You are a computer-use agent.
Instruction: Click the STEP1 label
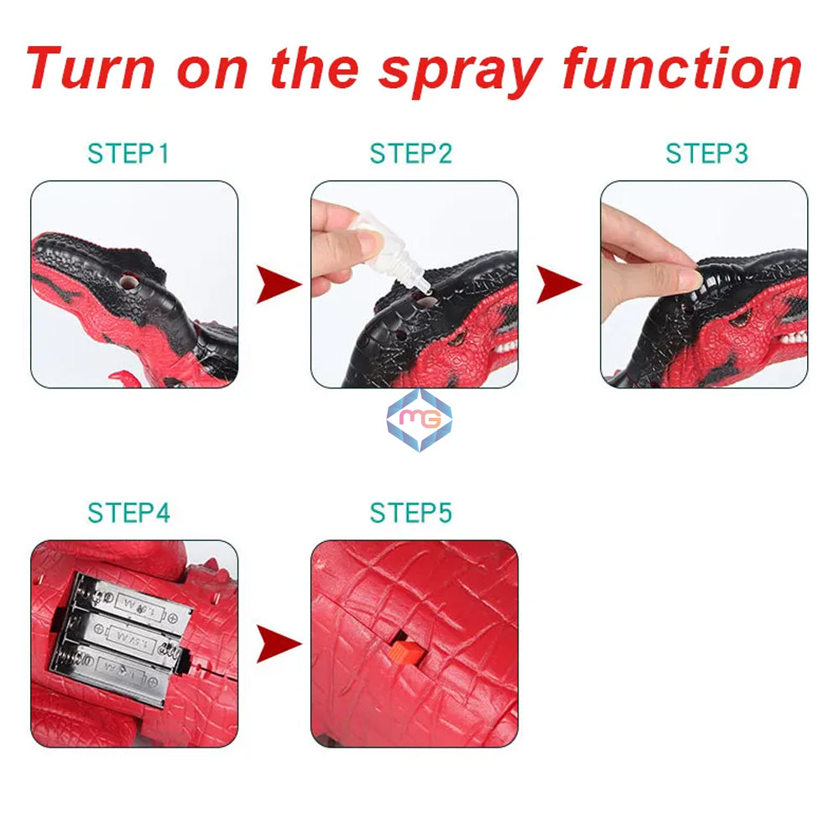(x=128, y=154)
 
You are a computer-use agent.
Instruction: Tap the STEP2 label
(x=411, y=154)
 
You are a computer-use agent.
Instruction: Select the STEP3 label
(x=706, y=154)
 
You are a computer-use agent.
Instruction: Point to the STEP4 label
(x=129, y=513)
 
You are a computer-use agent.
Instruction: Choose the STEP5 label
(x=411, y=513)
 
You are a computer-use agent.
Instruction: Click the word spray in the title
(x=461, y=72)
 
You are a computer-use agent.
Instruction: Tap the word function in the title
(x=683, y=69)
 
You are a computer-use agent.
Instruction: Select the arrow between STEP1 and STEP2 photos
(x=279, y=284)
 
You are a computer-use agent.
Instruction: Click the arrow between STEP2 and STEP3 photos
(x=559, y=284)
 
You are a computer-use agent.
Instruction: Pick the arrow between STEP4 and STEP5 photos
(x=279, y=644)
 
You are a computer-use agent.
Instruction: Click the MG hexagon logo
(x=419, y=419)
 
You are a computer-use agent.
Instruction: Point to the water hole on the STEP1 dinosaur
(x=128, y=281)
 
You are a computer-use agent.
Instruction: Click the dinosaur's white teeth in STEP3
(x=793, y=338)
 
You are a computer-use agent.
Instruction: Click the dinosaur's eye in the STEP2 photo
(x=460, y=337)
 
